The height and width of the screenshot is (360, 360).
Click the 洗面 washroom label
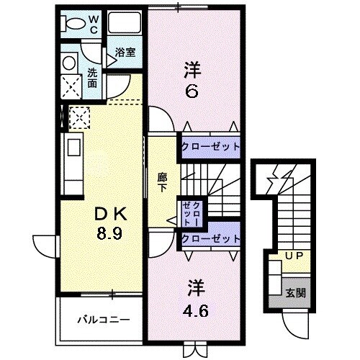[93, 78]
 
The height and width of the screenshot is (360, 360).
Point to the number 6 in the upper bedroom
[192, 92]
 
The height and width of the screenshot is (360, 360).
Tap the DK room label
[109, 214]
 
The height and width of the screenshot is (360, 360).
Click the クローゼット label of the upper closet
[209, 146]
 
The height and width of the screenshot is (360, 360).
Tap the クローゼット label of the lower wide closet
[209, 238]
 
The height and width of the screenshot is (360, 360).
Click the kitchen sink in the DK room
[75, 150]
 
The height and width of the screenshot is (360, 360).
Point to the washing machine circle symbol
[70, 63]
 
